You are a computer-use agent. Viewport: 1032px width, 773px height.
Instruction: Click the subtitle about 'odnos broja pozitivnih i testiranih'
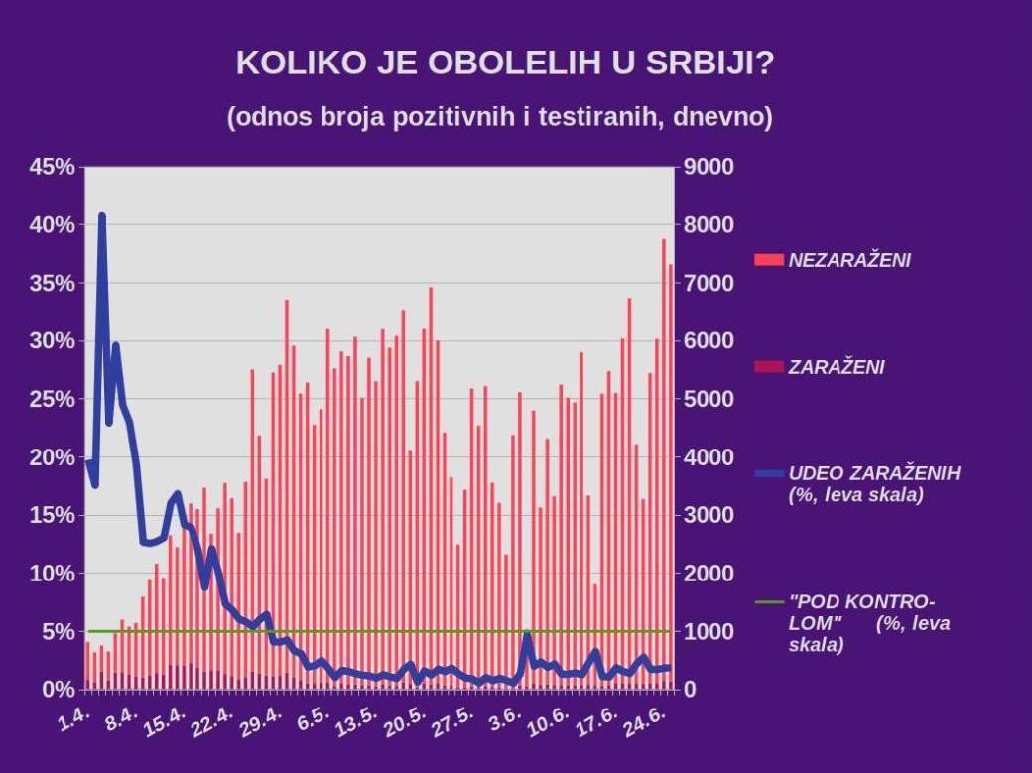(499, 116)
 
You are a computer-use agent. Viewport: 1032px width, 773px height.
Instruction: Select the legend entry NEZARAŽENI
(848, 260)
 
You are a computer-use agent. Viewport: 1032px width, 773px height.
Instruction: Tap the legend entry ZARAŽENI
(836, 367)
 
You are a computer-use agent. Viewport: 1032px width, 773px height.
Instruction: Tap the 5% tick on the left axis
(58, 631)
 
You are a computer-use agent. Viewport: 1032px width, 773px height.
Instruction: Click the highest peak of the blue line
(101, 216)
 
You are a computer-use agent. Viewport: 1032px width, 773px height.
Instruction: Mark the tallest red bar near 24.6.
(664, 241)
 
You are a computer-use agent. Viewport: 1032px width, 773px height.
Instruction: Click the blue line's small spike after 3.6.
(527, 634)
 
